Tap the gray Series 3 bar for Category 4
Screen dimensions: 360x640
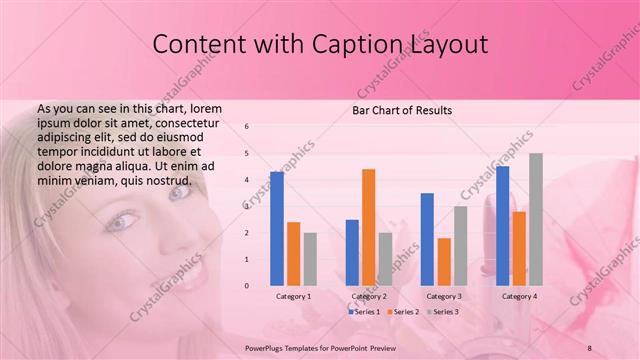point(535,219)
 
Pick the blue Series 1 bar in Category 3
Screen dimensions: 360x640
point(427,239)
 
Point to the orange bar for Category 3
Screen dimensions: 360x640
point(443,261)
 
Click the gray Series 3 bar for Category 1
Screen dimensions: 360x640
point(310,259)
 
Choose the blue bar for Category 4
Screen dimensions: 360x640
point(502,225)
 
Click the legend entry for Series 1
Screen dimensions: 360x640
point(364,312)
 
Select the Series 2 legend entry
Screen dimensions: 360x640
point(402,312)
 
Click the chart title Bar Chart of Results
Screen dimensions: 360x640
point(403,109)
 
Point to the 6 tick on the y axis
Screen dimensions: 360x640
point(248,126)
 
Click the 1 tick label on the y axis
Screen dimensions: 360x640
point(248,259)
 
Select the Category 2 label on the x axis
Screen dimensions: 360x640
point(369,296)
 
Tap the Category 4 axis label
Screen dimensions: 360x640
point(519,296)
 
